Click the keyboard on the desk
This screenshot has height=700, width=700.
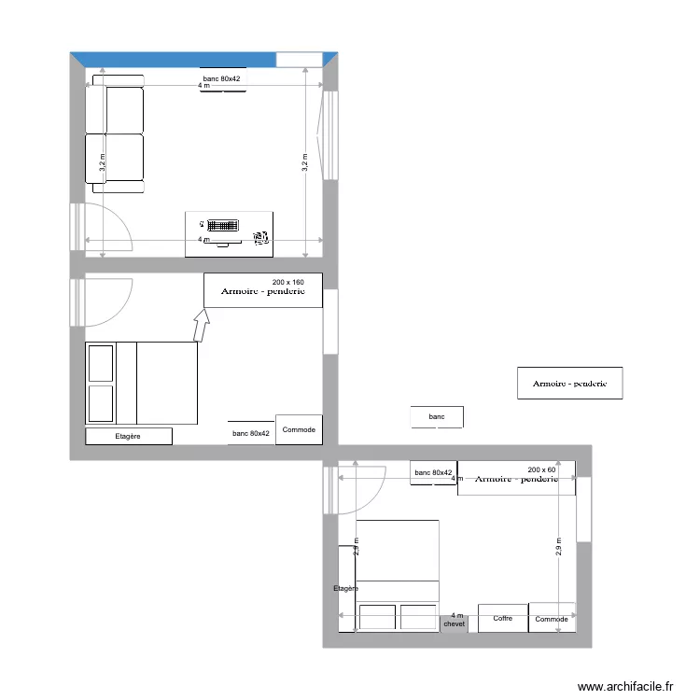pos(222,225)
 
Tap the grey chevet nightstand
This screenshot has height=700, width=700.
pos(455,619)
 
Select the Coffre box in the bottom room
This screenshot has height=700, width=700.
pos(503,618)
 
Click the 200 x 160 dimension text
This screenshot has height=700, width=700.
pos(288,282)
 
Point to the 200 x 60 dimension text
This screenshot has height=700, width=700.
pos(541,469)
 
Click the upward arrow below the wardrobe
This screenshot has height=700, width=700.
pos(201,326)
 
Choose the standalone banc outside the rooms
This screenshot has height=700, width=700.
pos(437,416)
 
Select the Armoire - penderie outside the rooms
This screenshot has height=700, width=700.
pos(569,383)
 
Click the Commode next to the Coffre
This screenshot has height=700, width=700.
pos(552,618)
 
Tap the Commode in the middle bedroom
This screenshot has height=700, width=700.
pos(299,429)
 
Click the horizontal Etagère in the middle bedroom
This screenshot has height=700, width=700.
pos(129,436)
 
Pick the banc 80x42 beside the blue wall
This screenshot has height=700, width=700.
pos(222,78)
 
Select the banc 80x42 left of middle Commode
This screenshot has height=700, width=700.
pos(250,433)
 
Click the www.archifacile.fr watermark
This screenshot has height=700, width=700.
pos(624,686)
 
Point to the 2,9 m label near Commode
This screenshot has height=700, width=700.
pos(558,547)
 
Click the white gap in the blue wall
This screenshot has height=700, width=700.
pos(299,59)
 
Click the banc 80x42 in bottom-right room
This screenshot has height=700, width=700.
pos(433,473)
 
